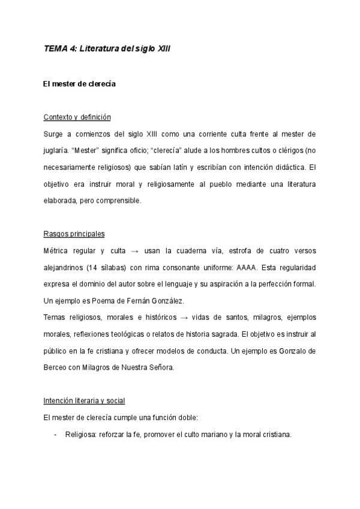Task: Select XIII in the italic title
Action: [x=163, y=51]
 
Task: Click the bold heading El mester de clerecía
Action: [x=79, y=84]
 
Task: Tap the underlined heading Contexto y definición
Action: [x=77, y=116]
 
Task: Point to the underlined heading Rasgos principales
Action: [x=74, y=233]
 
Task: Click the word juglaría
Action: [x=58, y=150]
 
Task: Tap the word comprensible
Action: [x=121, y=200]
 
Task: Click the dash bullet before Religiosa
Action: [x=55, y=434]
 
